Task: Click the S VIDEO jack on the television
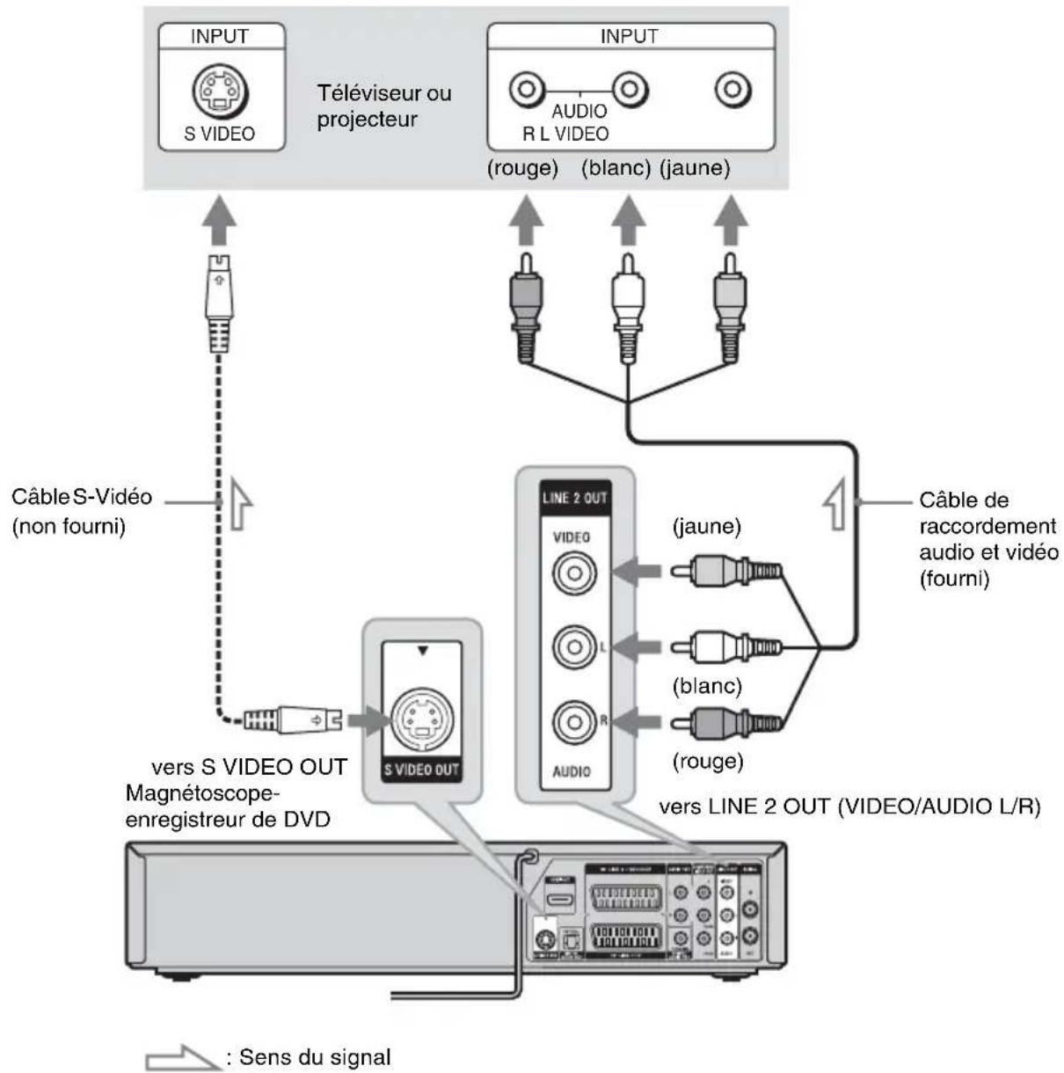221,90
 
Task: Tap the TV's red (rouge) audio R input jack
526,89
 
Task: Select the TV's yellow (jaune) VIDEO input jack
732,89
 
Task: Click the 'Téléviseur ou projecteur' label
384,106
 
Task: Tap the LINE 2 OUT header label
574,498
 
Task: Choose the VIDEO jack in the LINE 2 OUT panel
574,573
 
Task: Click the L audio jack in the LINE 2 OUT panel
573,647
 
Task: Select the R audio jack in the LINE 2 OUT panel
573,722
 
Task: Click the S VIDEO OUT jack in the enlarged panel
422,719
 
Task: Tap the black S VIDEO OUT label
422,770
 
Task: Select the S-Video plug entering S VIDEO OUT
290,719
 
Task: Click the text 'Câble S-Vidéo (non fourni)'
81,511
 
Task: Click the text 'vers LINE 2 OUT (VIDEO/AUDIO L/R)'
849,807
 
